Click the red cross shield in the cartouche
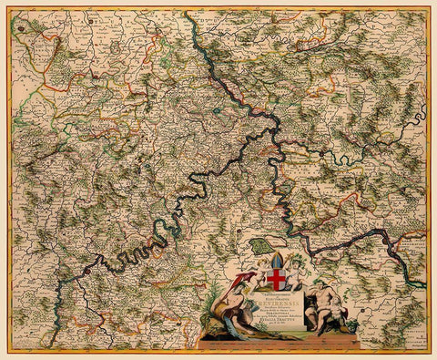tap(276, 280)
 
